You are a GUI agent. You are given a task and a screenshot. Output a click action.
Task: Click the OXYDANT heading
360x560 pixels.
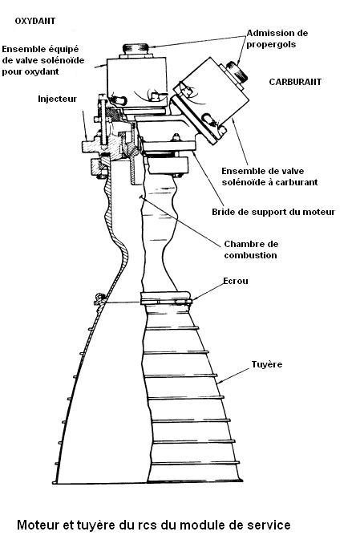[x=35, y=21]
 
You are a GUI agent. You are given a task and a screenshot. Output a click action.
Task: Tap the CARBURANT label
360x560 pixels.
[x=295, y=82]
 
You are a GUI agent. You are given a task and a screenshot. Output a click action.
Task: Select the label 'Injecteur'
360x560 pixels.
[x=58, y=99]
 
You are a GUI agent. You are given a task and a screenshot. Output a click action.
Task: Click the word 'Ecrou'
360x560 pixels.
[x=236, y=281]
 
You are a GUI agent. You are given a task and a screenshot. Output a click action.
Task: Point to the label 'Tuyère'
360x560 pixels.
[x=267, y=365]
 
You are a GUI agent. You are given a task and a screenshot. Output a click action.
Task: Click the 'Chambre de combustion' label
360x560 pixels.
[x=251, y=250]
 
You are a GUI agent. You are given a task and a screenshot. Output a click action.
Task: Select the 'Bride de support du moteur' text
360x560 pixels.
[x=273, y=212]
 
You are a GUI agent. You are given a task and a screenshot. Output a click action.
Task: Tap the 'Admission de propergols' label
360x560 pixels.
[x=277, y=39]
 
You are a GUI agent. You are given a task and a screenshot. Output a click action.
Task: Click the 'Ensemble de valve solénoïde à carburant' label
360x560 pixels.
[x=269, y=177]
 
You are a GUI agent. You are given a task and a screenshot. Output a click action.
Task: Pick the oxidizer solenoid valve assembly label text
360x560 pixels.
[x=43, y=60]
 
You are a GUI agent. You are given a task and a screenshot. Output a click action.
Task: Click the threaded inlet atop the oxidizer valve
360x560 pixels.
[x=136, y=48]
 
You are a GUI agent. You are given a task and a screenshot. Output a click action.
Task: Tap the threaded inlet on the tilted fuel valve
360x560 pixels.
[x=237, y=72]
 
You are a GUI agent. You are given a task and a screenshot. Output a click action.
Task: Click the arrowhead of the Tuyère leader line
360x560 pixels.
[x=219, y=383]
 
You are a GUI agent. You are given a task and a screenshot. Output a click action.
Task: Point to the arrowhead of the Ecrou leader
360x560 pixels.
[x=192, y=299]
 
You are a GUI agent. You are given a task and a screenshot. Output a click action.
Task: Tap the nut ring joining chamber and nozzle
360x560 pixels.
[x=166, y=298]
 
